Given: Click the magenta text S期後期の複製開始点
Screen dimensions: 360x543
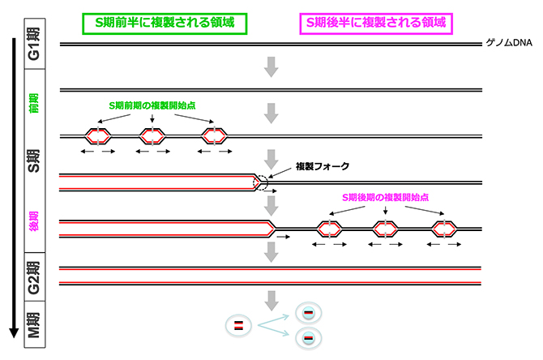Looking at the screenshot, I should click(385, 198).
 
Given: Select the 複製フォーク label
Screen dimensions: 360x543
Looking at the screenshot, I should click(322, 165).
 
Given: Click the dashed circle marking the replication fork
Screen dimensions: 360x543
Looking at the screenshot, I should click(262, 182).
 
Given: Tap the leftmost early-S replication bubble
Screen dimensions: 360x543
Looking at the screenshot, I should click(97, 135).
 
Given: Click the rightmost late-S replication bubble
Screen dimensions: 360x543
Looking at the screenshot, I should click(443, 229).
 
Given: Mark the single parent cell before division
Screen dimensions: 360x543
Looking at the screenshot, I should click(238, 325).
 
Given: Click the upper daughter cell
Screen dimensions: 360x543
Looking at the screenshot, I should click(309, 313).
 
